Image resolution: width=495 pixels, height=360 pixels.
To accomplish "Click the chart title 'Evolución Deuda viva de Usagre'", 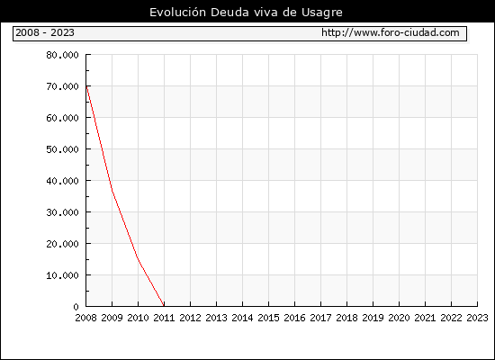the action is point(246,13).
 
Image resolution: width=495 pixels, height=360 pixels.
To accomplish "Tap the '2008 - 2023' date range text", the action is point(45,32).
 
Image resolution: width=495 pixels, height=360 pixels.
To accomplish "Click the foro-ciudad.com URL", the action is point(391,32).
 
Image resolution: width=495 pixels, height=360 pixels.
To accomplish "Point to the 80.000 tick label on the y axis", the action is point(62,55).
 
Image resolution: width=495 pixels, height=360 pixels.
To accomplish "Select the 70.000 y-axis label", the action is point(62,86).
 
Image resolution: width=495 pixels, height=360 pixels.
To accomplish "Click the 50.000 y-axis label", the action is point(62,149).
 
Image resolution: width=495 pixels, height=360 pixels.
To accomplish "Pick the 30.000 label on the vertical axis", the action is point(62,212).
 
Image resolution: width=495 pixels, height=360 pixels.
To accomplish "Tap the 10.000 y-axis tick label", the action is point(62,275).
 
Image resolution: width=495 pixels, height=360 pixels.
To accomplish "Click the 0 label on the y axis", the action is point(76,307).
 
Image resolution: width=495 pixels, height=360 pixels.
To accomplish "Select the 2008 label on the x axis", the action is point(85,318).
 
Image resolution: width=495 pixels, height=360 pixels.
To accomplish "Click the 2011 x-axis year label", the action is point(164,318).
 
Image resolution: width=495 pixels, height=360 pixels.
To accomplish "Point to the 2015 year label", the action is point(269,318).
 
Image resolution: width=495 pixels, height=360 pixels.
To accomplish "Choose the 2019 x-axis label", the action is point(373,318).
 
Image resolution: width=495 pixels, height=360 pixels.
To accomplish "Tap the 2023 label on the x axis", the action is point(477,318).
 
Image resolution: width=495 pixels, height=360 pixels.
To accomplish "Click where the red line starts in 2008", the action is point(86,85).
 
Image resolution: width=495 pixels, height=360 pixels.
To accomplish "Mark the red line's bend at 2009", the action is point(112,190).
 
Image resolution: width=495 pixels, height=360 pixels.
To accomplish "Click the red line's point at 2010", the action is point(139,258).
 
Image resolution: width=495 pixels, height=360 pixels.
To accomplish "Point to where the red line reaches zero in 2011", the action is point(164,306).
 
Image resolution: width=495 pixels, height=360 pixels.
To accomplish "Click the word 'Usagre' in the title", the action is point(322,13).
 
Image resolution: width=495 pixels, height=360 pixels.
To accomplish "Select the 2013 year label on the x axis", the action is point(217,318).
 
